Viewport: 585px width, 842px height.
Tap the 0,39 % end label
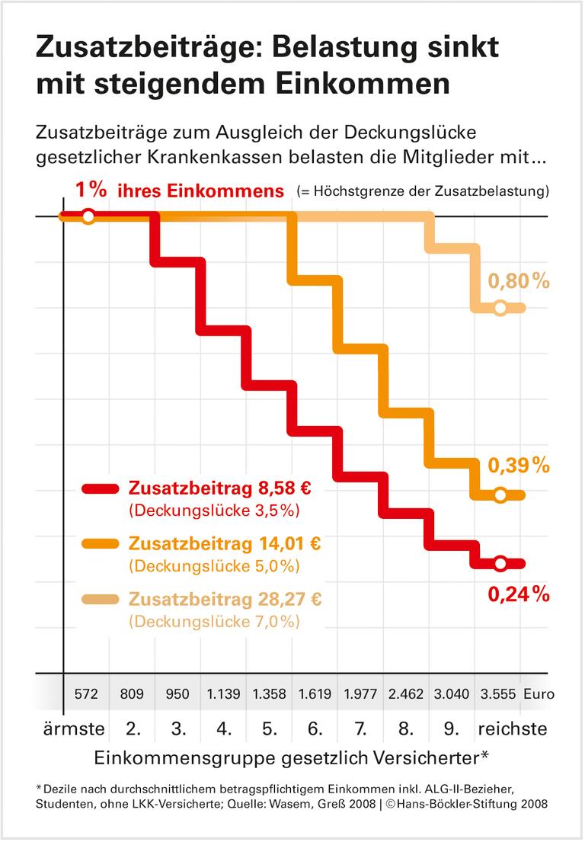point(518,466)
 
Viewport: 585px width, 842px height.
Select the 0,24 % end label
point(518,594)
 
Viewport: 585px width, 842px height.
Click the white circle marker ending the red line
point(500,564)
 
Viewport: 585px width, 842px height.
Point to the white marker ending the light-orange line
point(500,309)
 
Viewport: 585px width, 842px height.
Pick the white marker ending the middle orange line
point(500,495)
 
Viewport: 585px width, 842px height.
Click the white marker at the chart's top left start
point(88,216)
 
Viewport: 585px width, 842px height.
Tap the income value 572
point(85,694)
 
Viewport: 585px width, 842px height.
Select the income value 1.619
point(315,694)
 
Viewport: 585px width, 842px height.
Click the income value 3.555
point(497,694)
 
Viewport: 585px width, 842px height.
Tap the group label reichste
point(513,728)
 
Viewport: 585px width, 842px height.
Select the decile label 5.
point(269,728)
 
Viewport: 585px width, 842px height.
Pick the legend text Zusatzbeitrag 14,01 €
point(225,543)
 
